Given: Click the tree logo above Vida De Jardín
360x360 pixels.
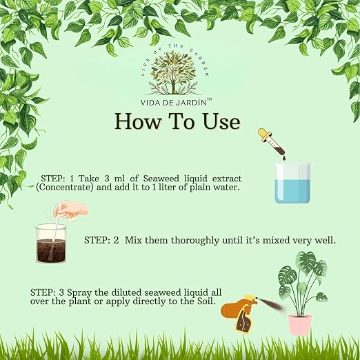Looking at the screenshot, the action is pyautogui.click(x=174, y=72).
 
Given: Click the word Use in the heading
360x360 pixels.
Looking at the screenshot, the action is pyautogui.click(x=222, y=121).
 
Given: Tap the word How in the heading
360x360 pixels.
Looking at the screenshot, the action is pyautogui.click(x=137, y=121).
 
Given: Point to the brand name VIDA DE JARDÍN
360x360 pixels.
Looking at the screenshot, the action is pyautogui.click(x=174, y=103).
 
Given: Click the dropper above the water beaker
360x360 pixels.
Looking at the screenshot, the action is pyautogui.click(x=271, y=142).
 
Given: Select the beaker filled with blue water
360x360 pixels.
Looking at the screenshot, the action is pyautogui.click(x=292, y=183).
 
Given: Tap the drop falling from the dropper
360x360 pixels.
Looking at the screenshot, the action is pyautogui.click(x=284, y=158).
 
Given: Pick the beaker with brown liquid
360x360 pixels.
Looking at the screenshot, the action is pyautogui.click(x=51, y=243).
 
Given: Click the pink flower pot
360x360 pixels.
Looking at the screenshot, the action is pyautogui.click(x=300, y=325).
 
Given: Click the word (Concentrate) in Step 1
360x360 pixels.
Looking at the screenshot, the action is pyautogui.click(x=65, y=188).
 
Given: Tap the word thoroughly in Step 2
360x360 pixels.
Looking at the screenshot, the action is pyautogui.click(x=195, y=241).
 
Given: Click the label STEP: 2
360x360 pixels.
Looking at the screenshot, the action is pyautogui.click(x=101, y=241).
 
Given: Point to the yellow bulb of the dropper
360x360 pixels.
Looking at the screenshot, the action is pyautogui.click(x=263, y=133).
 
